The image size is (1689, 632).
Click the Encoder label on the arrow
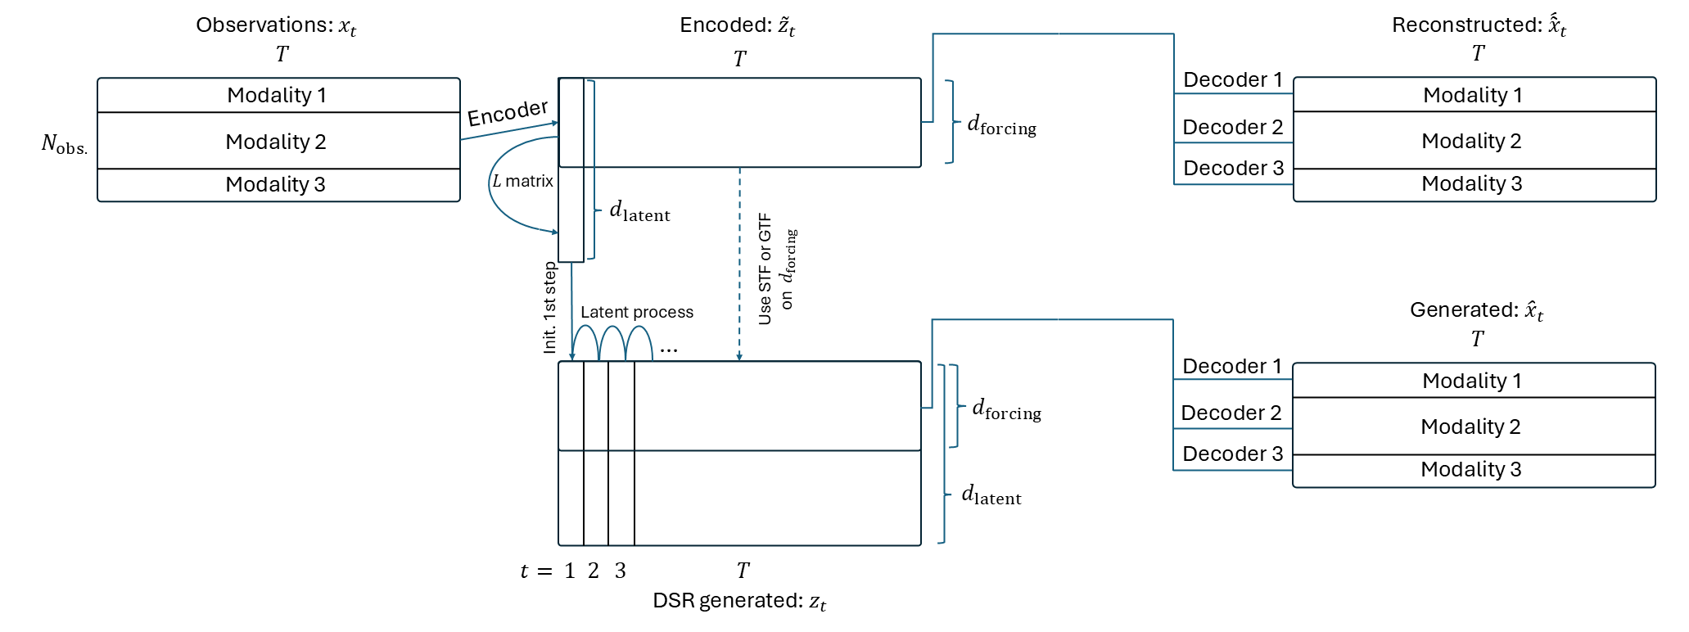pos(507,112)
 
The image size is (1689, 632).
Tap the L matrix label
pos(523,181)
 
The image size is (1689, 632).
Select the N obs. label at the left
pos(64,145)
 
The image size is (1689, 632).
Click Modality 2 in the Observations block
pos(276,142)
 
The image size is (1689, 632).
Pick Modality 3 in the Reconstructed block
pos(1471,183)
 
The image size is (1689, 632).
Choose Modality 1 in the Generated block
pos(1471,381)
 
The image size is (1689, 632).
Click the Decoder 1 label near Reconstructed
pos(1232,79)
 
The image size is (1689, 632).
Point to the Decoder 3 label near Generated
pos(1232,454)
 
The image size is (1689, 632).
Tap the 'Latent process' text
pos(636,312)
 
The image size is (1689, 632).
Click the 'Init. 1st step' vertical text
pos(549,308)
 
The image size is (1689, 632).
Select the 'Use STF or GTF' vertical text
pos(765,269)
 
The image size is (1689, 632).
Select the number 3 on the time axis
pos(621,571)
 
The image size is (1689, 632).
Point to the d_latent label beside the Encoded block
pos(639,211)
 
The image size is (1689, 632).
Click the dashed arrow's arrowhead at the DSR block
pos(739,357)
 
